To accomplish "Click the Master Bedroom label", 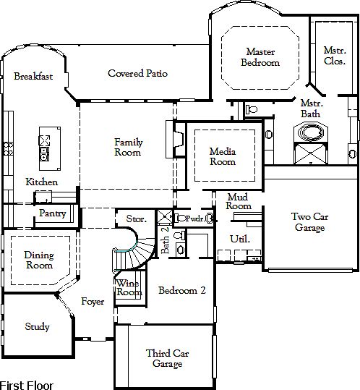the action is [260, 57].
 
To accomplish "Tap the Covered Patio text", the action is [137, 73].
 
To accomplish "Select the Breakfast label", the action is [33, 76].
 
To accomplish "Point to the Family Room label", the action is [128, 147].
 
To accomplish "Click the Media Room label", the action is [223, 156].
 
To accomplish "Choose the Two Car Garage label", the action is [310, 222].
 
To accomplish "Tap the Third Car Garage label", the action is [167, 358].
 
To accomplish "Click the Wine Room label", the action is [129, 287].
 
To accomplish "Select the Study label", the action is [38, 326].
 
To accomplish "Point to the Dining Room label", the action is [39, 260].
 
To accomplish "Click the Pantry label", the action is [53, 213].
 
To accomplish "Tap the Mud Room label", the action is [239, 201].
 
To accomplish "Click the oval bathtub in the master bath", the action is [311, 132].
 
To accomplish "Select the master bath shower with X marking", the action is [311, 153].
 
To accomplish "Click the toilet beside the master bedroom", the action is [252, 109].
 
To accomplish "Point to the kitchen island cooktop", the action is [44, 141].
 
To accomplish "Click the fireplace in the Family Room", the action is [178, 139].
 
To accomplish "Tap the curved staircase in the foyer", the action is [134, 254].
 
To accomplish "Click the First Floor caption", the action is [27, 386].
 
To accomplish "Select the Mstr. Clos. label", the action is [335, 56].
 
